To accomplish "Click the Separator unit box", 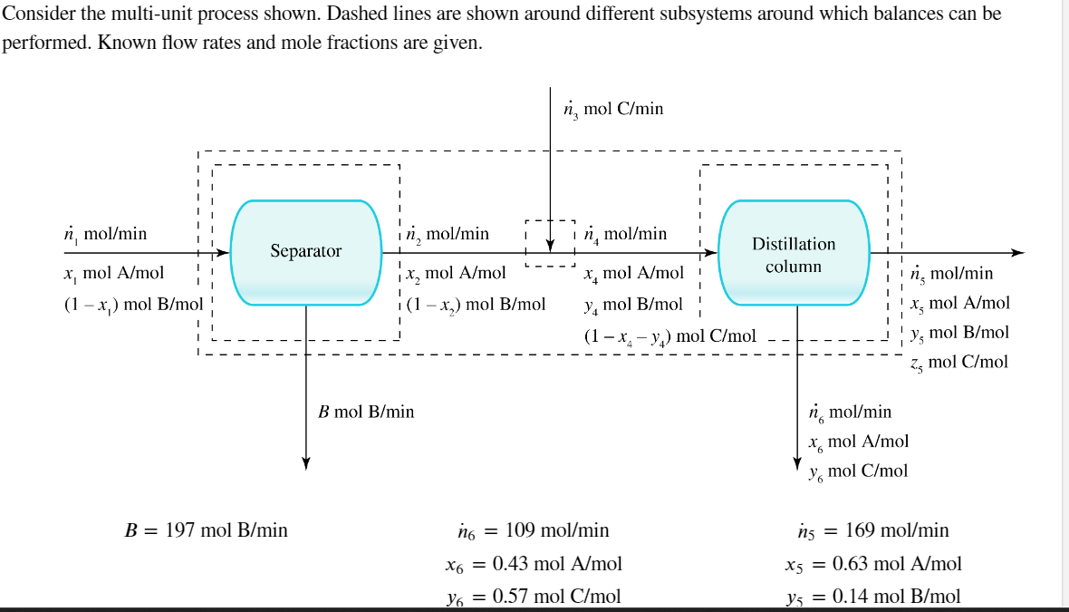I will pos(305,251).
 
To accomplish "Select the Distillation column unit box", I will pos(793,253).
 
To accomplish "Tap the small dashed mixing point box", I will pos(550,243).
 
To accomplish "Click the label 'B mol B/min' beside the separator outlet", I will pos(366,412).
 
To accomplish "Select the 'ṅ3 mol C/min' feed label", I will pos(613,109).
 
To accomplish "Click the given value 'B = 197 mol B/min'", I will pos(206,530).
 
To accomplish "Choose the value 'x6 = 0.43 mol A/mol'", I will pos(534,564).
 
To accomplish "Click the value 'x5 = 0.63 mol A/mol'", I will pos(872,564).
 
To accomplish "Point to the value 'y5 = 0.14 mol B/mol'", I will pos(872,596).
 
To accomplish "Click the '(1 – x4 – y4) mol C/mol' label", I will pos(669,336).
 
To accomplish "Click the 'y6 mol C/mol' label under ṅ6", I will pos(857,471).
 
